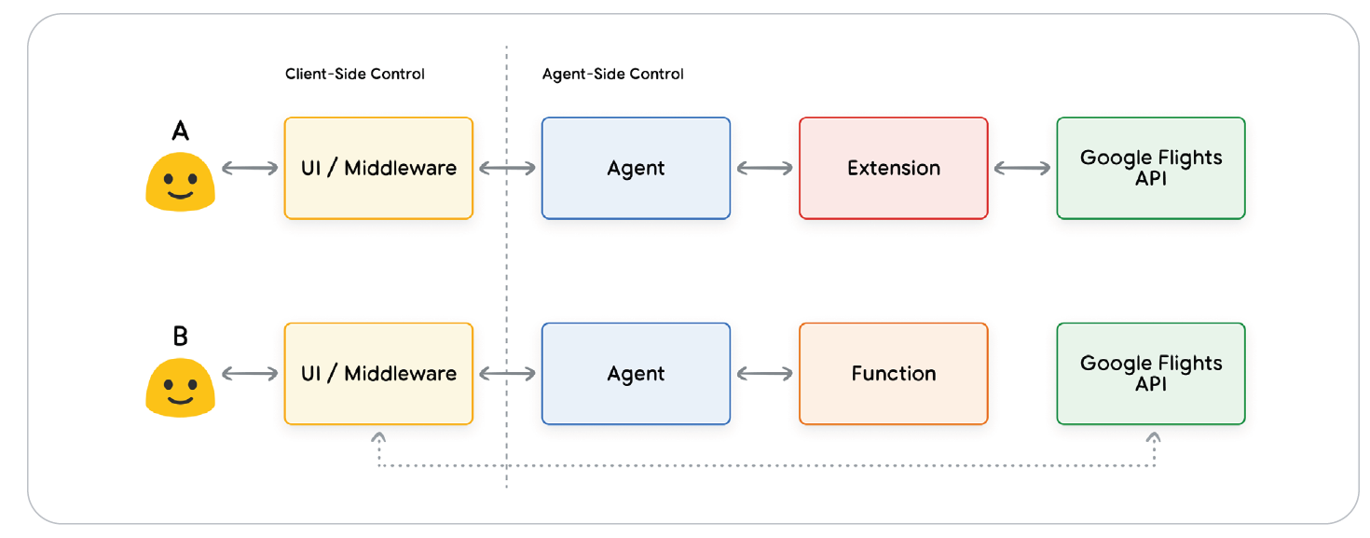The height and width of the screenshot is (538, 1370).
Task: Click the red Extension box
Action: tap(893, 169)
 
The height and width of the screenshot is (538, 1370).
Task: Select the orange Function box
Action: tap(893, 374)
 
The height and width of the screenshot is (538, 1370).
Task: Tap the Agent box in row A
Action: tap(636, 169)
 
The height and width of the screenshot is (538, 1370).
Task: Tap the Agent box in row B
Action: tap(636, 374)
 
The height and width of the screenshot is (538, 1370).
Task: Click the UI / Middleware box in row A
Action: tap(378, 169)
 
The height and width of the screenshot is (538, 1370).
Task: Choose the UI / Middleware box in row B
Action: tap(378, 374)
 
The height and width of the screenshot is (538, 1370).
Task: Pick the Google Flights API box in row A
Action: tap(1150, 169)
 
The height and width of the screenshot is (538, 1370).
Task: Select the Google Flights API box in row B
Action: tap(1150, 374)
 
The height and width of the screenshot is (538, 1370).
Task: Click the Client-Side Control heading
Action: tap(354, 74)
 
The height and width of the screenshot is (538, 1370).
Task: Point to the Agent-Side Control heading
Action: tap(612, 74)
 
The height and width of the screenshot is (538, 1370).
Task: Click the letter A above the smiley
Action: tap(181, 131)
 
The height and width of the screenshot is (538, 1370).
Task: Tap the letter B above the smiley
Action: tap(181, 337)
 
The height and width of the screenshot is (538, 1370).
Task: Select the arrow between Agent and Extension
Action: tap(764, 169)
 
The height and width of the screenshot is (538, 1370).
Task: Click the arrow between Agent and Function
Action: tap(764, 374)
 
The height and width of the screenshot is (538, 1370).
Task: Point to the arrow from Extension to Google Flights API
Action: tap(1021, 169)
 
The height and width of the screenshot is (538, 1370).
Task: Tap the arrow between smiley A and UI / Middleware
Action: tap(250, 169)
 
